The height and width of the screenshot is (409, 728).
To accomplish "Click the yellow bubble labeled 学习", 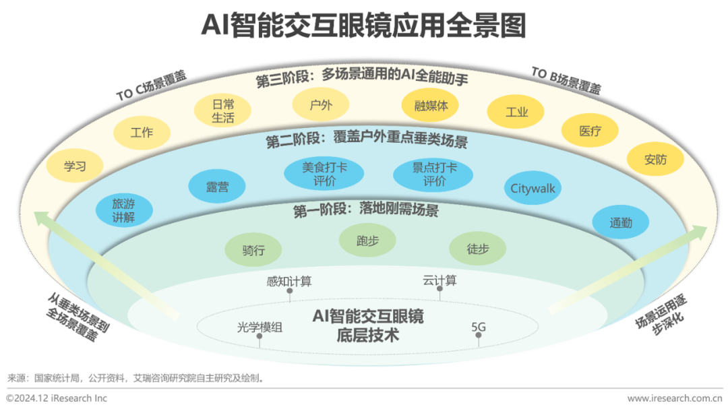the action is tap(75, 166).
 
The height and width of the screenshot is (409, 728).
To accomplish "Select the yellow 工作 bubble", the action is tap(141, 133).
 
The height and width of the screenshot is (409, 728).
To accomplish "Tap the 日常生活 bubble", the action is tap(222, 111).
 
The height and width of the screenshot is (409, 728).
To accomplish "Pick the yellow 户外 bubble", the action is tap(320, 104).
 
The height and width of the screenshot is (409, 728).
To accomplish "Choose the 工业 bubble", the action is tap(516, 112).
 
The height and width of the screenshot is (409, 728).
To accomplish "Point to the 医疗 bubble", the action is tap(590, 131).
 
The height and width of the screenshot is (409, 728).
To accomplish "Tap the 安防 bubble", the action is tap(655, 160).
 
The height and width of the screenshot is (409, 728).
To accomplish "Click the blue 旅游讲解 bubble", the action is tap(123, 210).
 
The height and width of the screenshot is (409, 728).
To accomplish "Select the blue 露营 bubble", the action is tap(216, 187).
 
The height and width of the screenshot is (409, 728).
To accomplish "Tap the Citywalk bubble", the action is tap(533, 189).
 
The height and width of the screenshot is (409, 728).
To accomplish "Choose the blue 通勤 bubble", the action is tap(621, 222).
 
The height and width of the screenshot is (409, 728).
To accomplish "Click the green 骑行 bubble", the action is tap(253, 250).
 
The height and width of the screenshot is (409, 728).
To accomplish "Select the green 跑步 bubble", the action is tap(367, 241).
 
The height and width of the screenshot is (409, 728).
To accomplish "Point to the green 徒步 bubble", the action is tap(477, 249).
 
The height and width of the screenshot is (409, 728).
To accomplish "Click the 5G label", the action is tap(478, 327).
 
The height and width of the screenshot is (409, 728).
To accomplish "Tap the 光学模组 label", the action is tap(260, 327).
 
